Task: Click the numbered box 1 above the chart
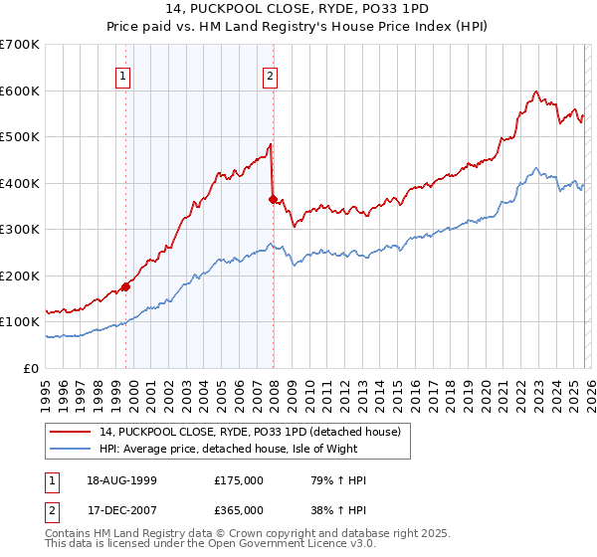122,75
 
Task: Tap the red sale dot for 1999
125,287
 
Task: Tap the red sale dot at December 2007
273,199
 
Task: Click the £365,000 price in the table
239,510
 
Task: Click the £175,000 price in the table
239,480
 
